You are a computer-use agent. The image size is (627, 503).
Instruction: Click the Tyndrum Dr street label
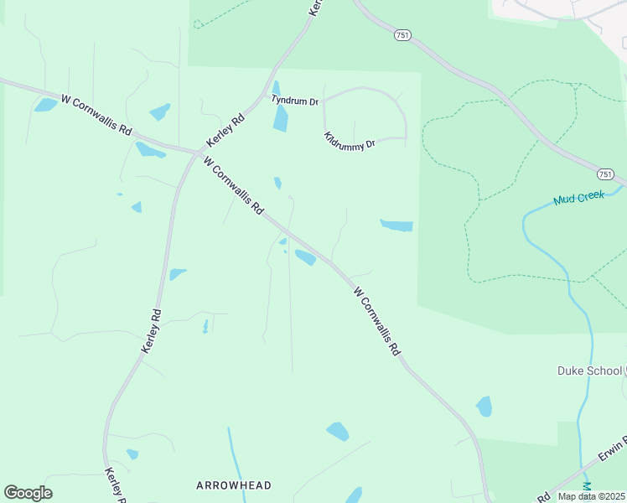294,101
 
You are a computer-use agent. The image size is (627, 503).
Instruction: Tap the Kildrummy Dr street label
350,141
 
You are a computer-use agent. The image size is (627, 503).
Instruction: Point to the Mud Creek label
578,200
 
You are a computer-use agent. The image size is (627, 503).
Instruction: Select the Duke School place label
589,371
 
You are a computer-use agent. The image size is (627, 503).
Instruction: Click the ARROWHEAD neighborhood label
234,485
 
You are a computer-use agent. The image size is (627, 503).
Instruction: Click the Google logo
28,493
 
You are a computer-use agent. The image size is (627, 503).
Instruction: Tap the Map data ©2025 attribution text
591,496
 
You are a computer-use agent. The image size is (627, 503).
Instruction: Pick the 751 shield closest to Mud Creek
605,174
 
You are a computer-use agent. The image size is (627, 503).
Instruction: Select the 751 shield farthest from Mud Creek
402,35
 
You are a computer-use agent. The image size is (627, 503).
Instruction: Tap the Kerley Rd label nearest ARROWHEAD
114,485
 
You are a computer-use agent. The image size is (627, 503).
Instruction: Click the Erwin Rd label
613,453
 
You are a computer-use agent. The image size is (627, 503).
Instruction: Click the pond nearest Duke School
484,407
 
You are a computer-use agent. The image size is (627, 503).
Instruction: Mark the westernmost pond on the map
45,105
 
